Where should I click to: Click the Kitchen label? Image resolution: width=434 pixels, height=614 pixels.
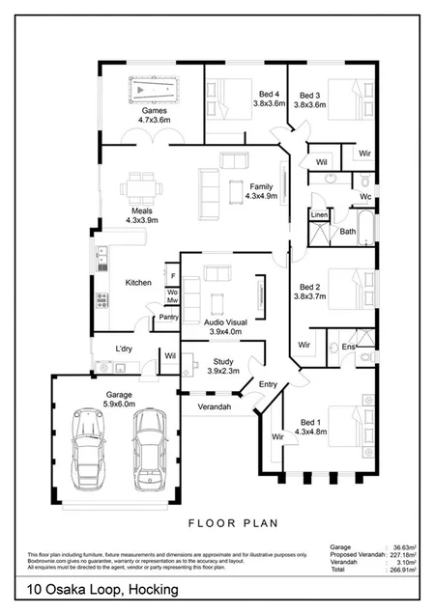[138, 283]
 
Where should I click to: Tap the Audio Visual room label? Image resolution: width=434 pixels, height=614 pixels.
[230, 326]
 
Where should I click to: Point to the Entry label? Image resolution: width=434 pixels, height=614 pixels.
[268, 384]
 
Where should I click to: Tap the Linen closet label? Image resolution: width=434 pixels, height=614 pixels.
[318, 214]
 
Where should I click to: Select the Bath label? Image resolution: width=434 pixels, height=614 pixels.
[347, 233]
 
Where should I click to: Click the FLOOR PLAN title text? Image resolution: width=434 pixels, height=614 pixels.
[232, 523]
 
